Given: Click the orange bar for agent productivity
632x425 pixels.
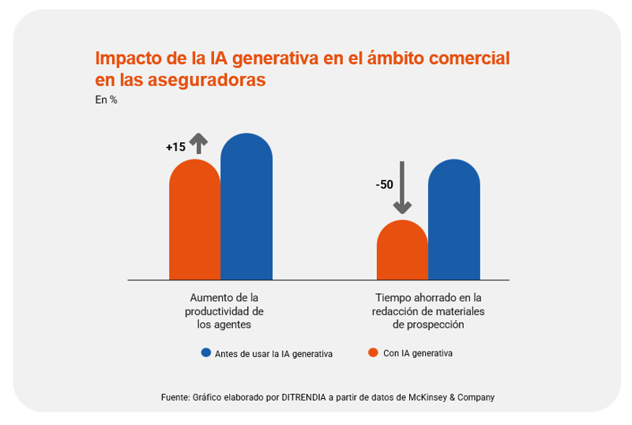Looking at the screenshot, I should click(194, 221).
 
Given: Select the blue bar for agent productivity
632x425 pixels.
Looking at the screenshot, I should click(246, 209).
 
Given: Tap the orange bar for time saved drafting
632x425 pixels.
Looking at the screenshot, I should click(402, 251).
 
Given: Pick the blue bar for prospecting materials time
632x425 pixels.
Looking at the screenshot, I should click(454, 221).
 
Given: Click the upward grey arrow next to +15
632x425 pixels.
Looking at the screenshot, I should click(198, 143).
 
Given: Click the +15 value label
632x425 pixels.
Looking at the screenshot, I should click(175, 147).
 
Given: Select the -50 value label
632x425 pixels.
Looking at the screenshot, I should click(384, 185).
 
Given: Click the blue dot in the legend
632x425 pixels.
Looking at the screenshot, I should click(206, 353).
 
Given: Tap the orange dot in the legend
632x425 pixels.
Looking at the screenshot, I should click(374, 353).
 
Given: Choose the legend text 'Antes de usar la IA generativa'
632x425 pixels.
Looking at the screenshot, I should click(273, 354).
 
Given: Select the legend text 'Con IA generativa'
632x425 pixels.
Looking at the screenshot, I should click(418, 353).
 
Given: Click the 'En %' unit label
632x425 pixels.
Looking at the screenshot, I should click(106, 100).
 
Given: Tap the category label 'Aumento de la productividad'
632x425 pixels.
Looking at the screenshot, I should click(224, 310).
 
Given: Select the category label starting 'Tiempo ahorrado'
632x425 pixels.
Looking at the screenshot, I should click(428, 310).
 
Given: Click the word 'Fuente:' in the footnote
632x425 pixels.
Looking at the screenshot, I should click(175, 397).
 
